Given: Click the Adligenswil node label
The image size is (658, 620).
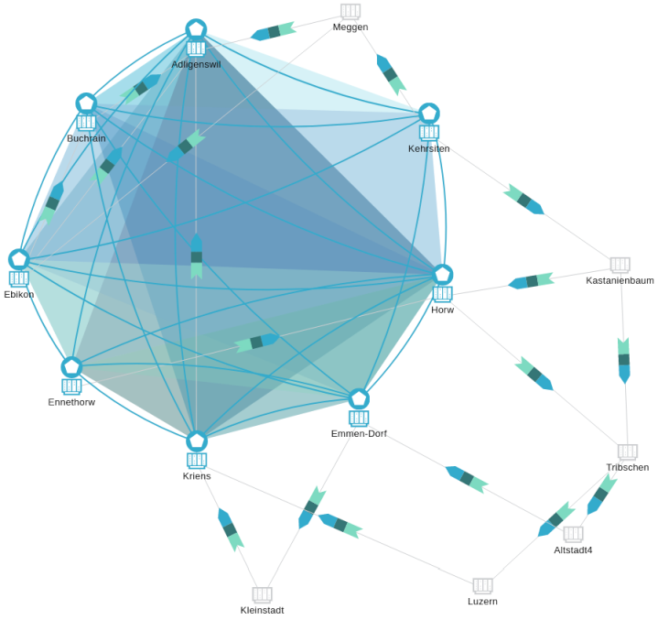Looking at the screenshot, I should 196,65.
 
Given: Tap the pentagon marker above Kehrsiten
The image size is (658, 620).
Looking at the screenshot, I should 428,114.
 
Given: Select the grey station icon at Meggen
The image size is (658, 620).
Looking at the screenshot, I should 351,11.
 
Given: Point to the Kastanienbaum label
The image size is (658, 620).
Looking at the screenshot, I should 620,280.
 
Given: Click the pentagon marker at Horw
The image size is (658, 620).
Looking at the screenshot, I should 442,274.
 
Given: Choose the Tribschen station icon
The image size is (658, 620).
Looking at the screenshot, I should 627,451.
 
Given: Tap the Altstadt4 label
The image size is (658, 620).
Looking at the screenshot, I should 573,550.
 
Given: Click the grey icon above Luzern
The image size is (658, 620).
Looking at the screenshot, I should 482,585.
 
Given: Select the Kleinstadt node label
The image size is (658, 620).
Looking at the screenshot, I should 262,610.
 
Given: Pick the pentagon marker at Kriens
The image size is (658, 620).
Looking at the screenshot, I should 197,441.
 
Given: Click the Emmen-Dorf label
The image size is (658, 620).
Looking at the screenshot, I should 359,433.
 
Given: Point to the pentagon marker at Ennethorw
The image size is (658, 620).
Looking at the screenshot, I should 71,367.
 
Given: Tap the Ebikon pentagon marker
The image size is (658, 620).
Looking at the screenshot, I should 19,260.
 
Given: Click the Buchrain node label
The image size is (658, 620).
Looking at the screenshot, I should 86,138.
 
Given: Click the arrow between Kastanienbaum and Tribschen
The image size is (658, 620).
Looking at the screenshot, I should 624,360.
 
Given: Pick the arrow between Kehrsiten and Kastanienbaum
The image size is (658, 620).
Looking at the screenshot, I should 523,200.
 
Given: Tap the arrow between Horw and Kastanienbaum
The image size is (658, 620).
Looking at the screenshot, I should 532,281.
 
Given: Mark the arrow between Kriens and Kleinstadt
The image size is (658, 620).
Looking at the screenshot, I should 231,529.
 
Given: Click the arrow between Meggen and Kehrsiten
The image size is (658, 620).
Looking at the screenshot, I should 391,74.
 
